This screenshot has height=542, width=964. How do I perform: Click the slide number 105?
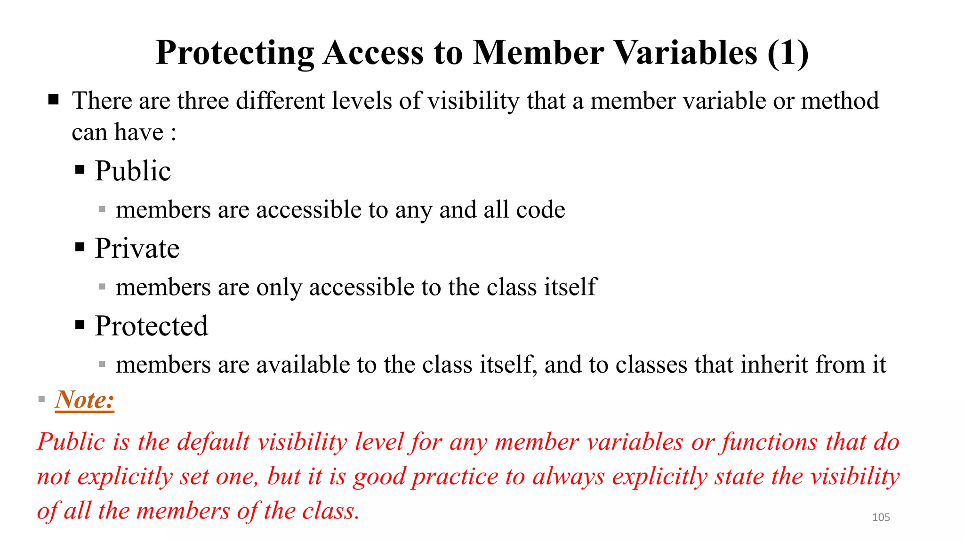(881, 517)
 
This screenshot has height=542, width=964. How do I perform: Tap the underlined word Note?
(85, 400)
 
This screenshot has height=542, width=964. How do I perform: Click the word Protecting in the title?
(235, 53)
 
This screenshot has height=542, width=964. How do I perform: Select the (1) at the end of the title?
(787, 53)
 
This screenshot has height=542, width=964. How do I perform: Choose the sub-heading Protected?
(151, 326)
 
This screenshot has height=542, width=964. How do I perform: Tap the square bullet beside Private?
(80, 247)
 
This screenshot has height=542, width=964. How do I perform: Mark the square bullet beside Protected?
(80, 325)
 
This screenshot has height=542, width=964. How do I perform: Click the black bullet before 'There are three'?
(53, 99)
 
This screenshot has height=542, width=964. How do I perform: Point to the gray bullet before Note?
(41, 399)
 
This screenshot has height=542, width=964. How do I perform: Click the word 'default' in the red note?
(213, 442)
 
